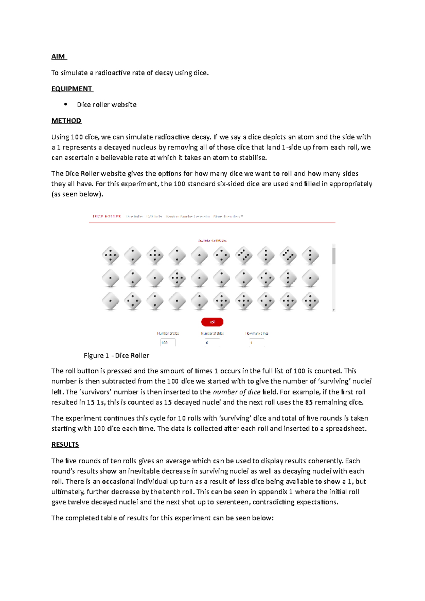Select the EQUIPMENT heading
click(72, 89)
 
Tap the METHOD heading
click(66, 121)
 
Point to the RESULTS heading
click(65, 445)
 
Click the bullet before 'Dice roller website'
click(66, 104)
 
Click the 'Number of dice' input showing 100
click(168, 343)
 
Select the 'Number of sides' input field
click(212, 343)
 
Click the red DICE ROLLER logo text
click(107, 216)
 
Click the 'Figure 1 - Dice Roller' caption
click(116, 355)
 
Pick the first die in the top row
click(110, 255)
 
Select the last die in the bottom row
click(310, 302)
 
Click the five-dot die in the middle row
click(177, 279)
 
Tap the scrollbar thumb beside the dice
click(334, 256)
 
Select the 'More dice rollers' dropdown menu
click(228, 216)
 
